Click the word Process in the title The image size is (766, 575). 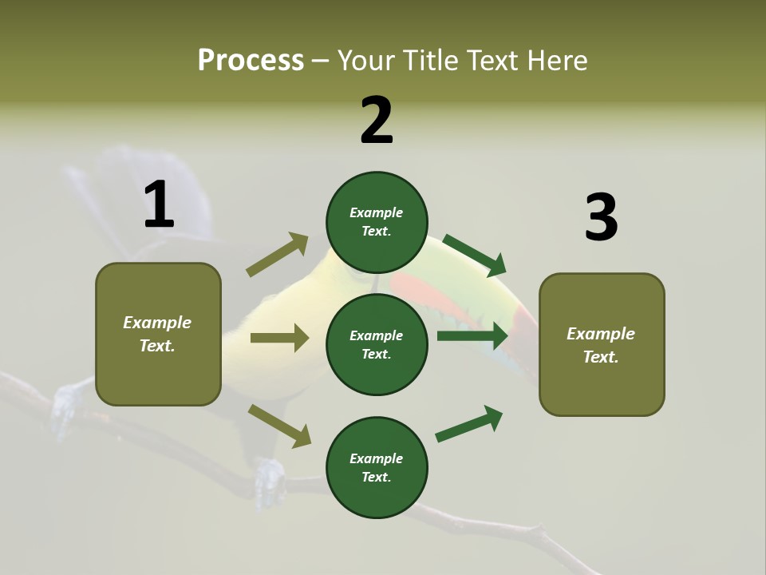click(x=251, y=60)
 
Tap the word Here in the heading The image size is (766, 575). click(x=556, y=61)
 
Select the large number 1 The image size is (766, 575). click(x=159, y=205)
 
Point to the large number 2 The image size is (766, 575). click(x=377, y=121)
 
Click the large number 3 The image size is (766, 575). click(x=601, y=218)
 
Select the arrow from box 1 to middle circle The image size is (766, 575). click(x=279, y=338)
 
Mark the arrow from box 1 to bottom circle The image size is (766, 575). click(x=280, y=426)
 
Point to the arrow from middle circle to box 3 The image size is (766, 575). click(x=472, y=335)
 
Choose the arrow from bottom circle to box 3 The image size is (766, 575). click(x=469, y=424)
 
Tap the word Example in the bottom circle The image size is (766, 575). click(x=377, y=458)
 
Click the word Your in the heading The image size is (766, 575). click(x=368, y=61)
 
